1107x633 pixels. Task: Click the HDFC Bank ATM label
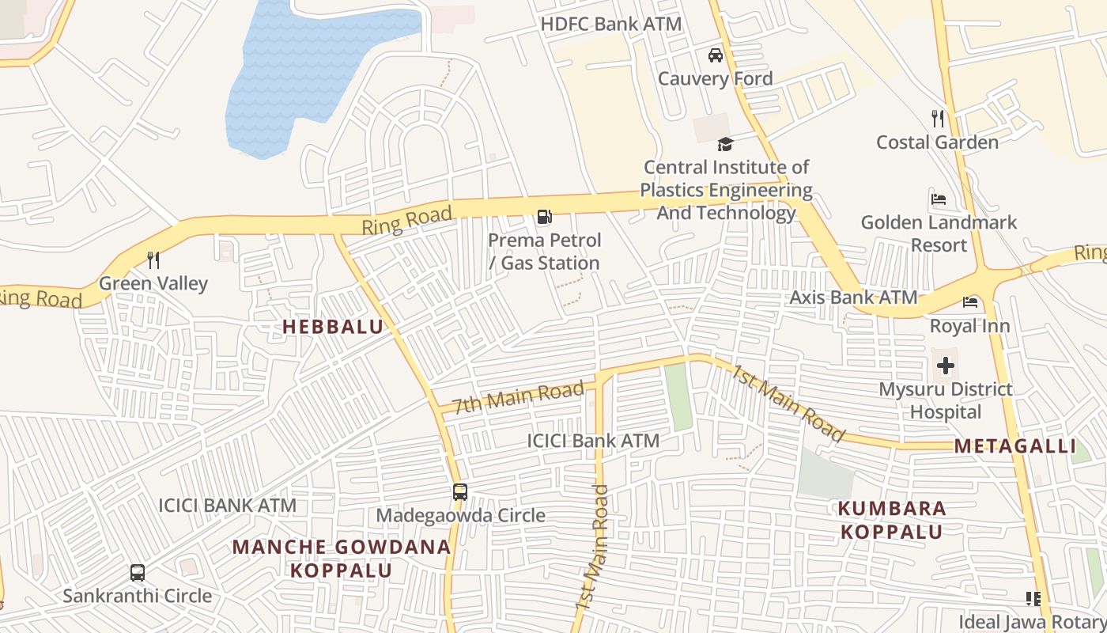[610, 24]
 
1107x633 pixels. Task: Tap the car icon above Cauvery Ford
[716, 55]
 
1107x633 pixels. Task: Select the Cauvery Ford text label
[716, 79]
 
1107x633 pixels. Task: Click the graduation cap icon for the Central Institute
[725, 144]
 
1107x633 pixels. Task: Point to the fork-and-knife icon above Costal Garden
[938, 119]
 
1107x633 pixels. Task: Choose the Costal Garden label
[937, 142]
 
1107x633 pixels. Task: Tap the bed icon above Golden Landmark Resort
[939, 199]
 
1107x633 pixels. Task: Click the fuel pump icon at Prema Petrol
[544, 217]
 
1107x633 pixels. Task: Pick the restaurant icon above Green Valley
[153, 260]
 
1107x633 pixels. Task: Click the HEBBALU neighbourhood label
[333, 326]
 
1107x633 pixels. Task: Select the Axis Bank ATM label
[853, 298]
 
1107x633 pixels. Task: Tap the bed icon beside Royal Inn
[970, 302]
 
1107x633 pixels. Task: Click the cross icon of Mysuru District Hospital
[946, 366]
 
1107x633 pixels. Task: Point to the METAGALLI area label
[1014, 446]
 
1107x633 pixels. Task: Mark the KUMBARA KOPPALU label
[892, 520]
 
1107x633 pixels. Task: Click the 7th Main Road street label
[519, 396]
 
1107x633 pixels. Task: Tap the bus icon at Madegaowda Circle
[460, 492]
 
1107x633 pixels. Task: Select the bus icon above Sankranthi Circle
[138, 572]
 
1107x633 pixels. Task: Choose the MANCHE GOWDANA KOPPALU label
[342, 559]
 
